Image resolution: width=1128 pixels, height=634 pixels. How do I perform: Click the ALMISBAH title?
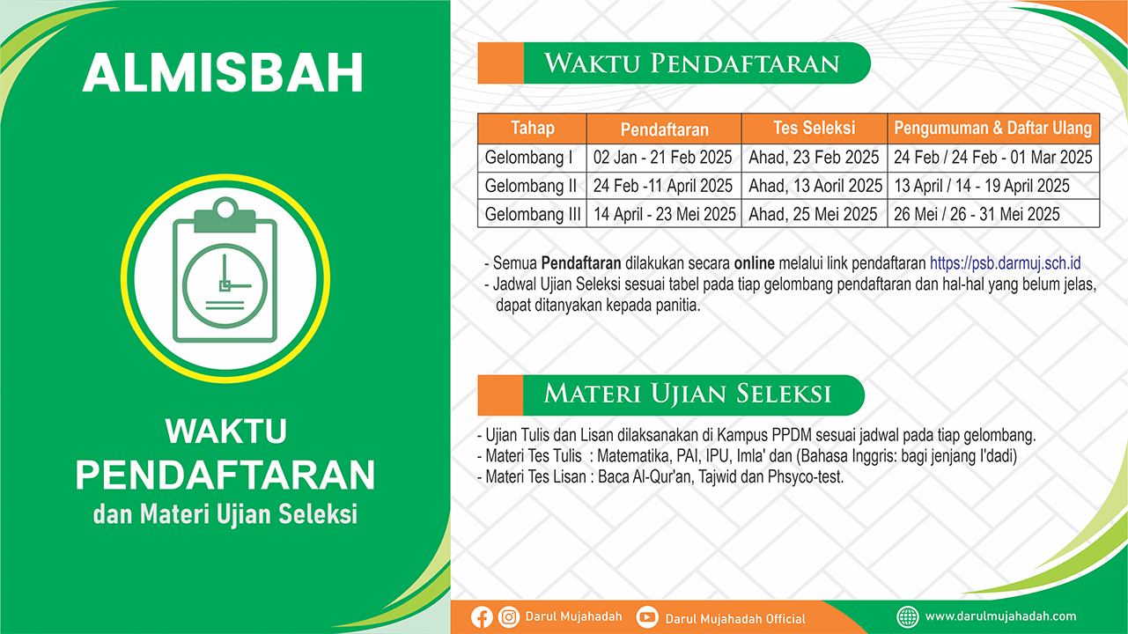pos(223,72)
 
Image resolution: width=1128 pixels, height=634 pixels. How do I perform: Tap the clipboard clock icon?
pos(225,270)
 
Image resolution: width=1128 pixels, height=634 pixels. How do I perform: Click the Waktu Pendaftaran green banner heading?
pos(691,63)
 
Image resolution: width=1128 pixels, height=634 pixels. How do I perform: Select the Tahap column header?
pos(533,128)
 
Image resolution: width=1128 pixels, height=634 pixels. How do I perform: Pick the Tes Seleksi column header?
pos(815,128)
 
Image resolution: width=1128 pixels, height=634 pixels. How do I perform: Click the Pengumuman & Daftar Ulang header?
pos(993,128)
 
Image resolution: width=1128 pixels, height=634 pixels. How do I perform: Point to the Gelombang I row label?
pos(528,157)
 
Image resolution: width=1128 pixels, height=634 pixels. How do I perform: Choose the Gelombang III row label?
pos(533,214)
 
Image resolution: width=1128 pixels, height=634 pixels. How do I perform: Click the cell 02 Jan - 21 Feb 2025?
pos(663,157)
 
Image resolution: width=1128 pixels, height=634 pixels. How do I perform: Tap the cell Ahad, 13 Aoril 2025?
pos(815,186)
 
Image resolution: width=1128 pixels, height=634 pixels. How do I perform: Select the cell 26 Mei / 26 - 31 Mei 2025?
pos(977,214)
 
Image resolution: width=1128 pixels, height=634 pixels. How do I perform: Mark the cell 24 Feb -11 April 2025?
pos(663,186)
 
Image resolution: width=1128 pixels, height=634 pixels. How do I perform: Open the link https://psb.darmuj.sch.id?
pos(1005,263)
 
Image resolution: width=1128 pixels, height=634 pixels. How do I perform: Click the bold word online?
pos(755,263)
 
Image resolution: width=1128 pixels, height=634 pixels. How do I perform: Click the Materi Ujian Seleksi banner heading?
pos(688,394)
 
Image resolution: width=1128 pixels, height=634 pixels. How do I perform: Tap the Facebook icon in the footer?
pos(482,617)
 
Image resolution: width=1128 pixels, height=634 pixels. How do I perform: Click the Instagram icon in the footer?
pos(509,617)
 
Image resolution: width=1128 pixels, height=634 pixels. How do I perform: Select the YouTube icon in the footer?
pos(647,617)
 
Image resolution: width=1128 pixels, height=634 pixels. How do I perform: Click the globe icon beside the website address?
pos(908,617)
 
